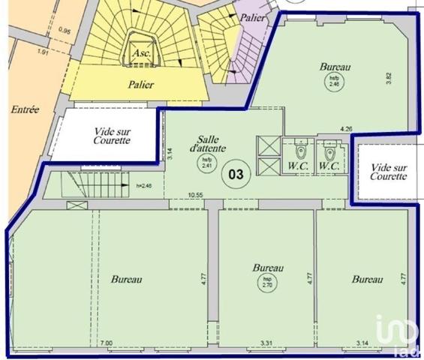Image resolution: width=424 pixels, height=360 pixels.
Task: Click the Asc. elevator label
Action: pyautogui.click(x=139, y=55)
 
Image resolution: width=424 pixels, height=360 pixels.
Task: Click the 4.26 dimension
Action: pyautogui.click(x=346, y=129)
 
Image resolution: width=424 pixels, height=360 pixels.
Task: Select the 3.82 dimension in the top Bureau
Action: pyautogui.click(x=388, y=77)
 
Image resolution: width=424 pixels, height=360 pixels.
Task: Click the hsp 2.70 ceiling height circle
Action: pyautogui.click(x=266, y=283)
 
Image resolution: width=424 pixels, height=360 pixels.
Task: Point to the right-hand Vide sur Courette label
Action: pyautogui.click(x=389, y=172)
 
